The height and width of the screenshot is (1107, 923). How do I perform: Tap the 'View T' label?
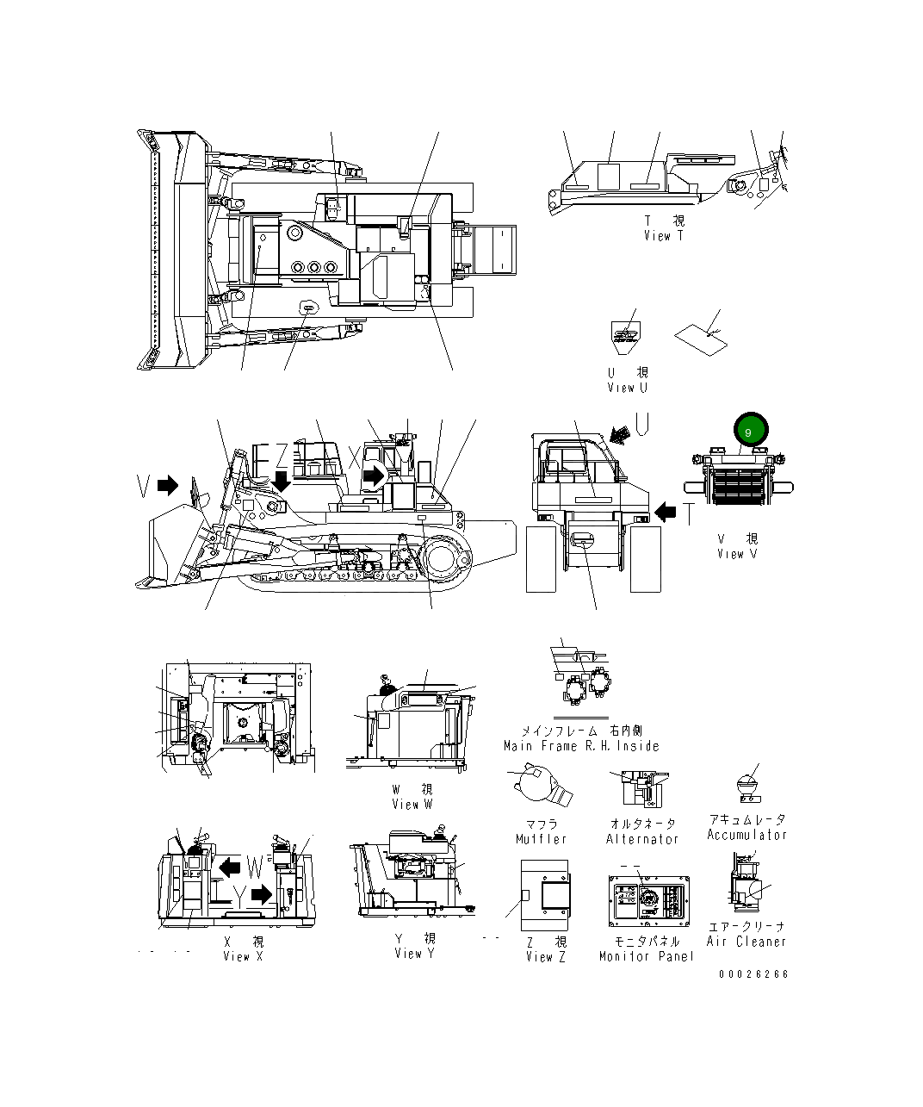(663, 235)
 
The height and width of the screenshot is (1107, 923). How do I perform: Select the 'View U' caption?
(627, 388)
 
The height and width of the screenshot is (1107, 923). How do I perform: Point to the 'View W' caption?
(412, 804)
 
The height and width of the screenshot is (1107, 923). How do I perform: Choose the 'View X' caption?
(243, 956)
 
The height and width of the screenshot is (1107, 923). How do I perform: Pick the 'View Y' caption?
(414, 953)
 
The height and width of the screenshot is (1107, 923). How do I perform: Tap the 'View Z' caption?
(545, 956)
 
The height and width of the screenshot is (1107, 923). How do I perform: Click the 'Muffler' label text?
(542, 839)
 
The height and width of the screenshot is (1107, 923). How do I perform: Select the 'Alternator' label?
(642, 839)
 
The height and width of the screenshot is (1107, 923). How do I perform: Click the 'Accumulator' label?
(746, 835)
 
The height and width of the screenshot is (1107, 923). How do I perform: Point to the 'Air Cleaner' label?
(746, 942)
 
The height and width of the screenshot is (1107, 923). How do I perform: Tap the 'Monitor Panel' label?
(647, 956)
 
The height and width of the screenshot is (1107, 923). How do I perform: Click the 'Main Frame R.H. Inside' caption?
(582, 746)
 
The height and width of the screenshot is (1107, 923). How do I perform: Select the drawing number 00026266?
(754, 974)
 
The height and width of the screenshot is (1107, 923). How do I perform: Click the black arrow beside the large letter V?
(168, 486)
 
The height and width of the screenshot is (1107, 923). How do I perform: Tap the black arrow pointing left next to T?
(666, 513)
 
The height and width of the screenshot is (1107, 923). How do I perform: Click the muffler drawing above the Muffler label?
(540, 787)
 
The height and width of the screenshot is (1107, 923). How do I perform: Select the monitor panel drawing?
(648, 903)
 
